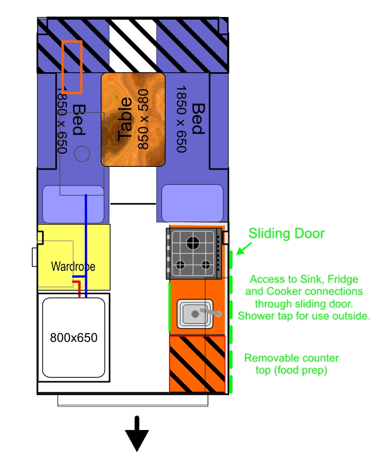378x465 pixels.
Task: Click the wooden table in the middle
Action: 133,119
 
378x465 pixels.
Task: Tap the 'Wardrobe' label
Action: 73,266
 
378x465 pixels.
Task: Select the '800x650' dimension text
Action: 73,338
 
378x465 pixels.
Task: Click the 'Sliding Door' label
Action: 287,234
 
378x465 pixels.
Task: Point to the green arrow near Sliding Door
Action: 244,248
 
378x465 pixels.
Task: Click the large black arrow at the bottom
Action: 137,434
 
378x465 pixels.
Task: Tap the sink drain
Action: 195,314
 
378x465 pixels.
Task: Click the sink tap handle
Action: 211,312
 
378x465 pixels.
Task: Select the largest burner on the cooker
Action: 193,243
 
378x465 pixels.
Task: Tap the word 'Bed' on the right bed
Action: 198,119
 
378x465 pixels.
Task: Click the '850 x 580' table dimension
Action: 143,119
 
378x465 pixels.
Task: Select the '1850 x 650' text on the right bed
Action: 182,119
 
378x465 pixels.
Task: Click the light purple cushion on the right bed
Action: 193,203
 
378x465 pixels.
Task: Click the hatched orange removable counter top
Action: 197,364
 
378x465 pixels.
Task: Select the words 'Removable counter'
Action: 292,358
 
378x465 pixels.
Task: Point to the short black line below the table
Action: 133,204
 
